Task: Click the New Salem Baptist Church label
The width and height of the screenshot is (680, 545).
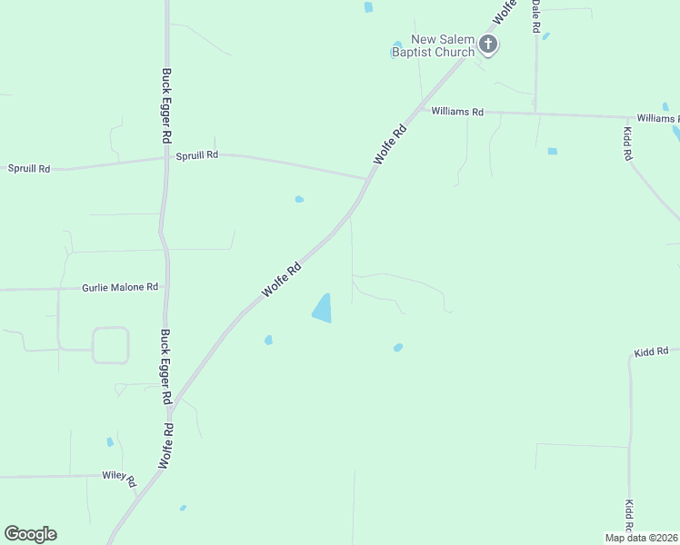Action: (x=443, y=45)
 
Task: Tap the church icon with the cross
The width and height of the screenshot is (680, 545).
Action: (x=488, y=44)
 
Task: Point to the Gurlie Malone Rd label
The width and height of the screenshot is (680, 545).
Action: (x=120, y=287)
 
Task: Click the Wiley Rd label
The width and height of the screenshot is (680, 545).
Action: (x=118, y=475)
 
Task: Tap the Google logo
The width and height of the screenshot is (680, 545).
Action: (x=30, y=534)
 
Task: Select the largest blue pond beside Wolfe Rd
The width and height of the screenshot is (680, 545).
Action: (x=323, y=308)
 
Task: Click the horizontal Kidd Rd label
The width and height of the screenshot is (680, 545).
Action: (x=651, y=351)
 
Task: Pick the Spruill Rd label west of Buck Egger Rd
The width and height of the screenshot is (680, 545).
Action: (x=29, y=169)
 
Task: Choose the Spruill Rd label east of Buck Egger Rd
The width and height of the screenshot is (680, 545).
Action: (x=197, y=154)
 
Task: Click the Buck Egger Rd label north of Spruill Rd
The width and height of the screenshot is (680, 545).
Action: (x=166, y=105)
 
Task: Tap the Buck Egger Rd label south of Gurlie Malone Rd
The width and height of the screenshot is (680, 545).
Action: (x=166, y=367)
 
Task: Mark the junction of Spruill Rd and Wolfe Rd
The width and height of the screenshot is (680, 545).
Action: (x=366, y=178)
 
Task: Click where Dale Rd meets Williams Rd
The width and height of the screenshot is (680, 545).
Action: (x=535, y=114)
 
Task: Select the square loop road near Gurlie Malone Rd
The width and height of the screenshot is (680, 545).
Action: (x=110, y=345)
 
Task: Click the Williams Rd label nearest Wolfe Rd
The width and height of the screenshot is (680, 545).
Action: (x=457, y=112)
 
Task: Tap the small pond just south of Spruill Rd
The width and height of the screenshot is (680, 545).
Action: (x=299, y=199)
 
